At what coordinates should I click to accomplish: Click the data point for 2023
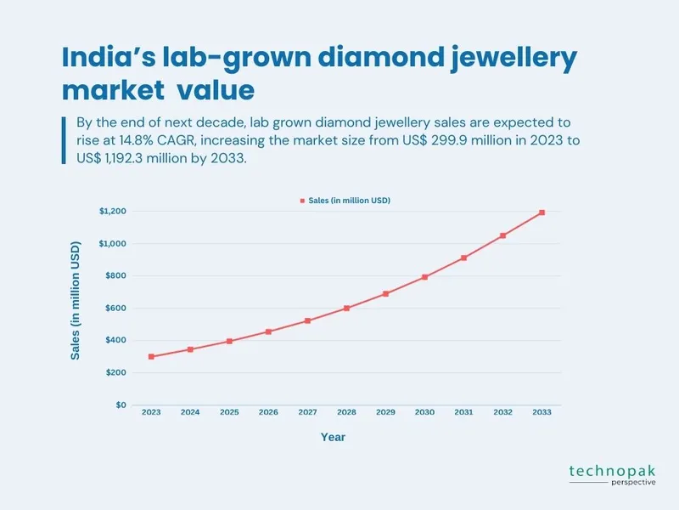(x=151, y=357)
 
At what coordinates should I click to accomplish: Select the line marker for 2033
(x=542, y=212)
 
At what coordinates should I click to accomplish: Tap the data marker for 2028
(x=346, y=308)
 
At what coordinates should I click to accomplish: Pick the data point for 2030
(x=424, y=277)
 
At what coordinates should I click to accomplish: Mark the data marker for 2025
(x=229, y=341)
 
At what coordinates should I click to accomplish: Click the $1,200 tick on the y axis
(x=114, y=211)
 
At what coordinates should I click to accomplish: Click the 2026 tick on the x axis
(x=268, y=412)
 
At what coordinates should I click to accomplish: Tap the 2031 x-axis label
(x=463, y=412)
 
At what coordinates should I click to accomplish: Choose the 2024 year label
(x=190, y=412)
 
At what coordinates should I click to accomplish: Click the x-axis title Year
(x=333, y=437)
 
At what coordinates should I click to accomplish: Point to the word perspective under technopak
(x=632, y=483)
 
